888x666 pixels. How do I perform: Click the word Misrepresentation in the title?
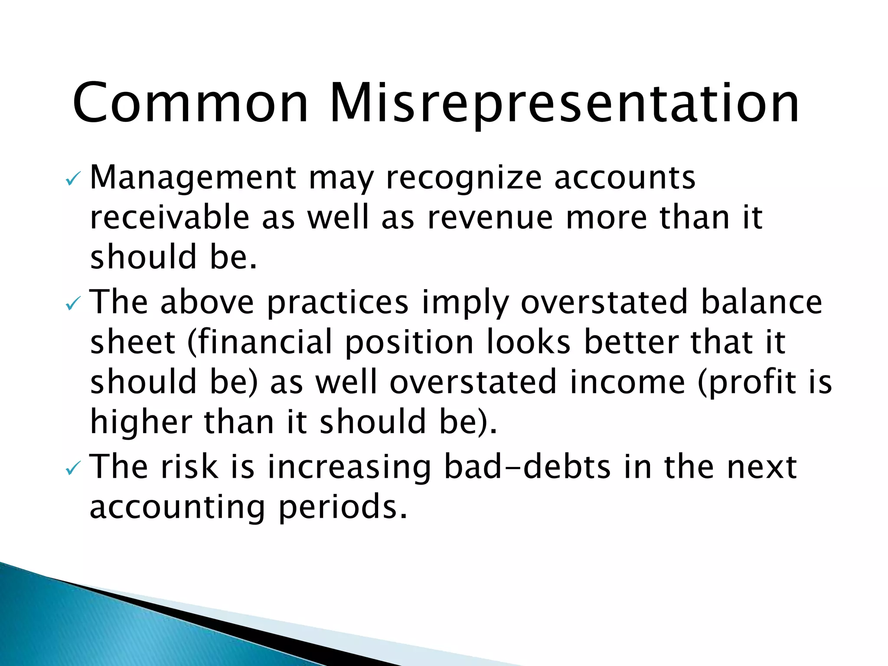point(564,104)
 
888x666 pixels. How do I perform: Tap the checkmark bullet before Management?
point(72,179)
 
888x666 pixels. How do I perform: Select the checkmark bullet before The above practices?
point(72,304)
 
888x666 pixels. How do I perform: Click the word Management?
point(193,178)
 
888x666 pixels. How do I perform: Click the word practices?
point(337,302)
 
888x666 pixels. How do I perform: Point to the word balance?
point(761,302)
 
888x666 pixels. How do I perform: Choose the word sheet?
point(133,342)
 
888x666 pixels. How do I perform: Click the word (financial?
point(260,342)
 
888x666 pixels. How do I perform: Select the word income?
point(627,382)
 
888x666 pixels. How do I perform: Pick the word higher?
point(141,422)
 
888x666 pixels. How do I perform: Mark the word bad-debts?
point(527,467)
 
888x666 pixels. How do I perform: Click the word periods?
point(343,507)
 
